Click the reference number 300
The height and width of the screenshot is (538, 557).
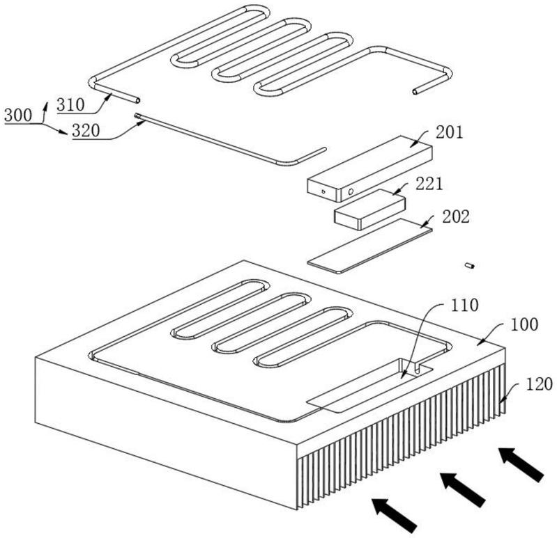click(17, 115)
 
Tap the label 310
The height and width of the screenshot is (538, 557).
click(70, 105)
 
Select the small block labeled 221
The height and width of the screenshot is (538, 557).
click(369, 209)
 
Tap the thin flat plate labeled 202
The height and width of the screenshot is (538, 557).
click(369, 246)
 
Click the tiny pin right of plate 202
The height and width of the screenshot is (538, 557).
click(470, 265)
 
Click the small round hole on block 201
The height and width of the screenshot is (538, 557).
click(350, 190)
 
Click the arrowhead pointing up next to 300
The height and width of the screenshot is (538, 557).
click(47, 104)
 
